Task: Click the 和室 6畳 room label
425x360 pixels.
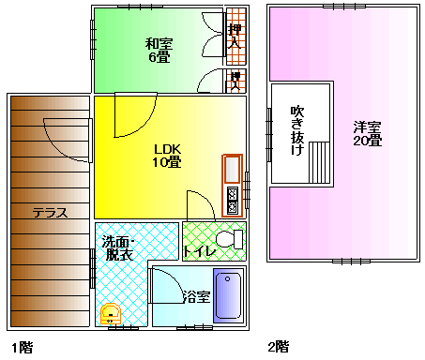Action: [159, 50]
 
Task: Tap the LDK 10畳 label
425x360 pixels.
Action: [167, 156]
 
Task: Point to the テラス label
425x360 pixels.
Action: [50, 213]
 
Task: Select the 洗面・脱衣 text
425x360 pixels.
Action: [118, 248]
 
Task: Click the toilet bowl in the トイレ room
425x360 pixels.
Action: [229, 239]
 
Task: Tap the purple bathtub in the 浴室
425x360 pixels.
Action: [228, 295]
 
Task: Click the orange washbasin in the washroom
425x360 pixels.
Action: [111, 314]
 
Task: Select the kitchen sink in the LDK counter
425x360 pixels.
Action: [232, 170]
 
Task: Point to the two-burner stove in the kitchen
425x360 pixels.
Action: [232, 200]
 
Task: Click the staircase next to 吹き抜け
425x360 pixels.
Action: [319, 162]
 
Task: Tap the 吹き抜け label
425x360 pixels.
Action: [297, 130]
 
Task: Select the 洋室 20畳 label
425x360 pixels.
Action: [368, 134]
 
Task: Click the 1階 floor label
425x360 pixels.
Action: [23, 347]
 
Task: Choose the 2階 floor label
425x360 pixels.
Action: [279, 347]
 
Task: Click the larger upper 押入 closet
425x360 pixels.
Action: [236, 37]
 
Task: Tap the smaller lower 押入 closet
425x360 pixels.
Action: [236, 81]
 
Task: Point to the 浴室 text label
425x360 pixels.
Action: [196, 296]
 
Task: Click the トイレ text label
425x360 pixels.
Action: [199, 251]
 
